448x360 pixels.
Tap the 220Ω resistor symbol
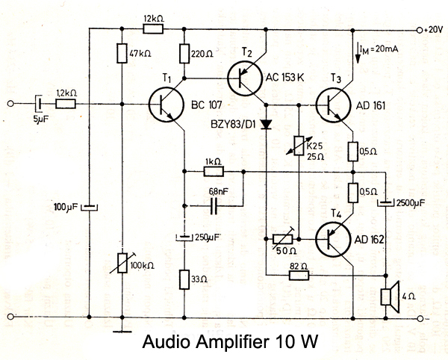coord(184,54)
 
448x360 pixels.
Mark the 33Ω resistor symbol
coord(184,280)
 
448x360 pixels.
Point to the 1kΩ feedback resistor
coord(214,171)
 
